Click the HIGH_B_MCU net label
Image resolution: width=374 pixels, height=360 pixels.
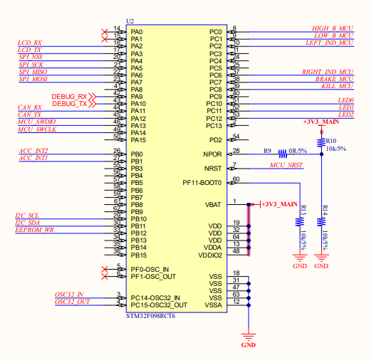(333, 28)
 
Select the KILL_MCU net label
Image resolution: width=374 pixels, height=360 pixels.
(338, 86)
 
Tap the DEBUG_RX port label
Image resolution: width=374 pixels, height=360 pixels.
(69, 97)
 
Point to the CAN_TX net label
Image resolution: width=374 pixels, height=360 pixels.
(29, 115)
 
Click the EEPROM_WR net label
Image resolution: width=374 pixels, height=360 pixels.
(35, 230)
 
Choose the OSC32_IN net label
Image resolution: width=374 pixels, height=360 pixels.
(69, 294)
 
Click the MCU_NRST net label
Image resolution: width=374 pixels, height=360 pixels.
(286, 165)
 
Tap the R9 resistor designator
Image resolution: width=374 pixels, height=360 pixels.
(268, 151)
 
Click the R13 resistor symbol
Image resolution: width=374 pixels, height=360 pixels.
(300, 221)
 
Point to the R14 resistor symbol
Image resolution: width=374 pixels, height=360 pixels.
(322, 221)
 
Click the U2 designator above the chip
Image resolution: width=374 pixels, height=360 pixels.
(129, 22)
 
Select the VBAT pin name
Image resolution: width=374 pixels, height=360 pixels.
(213, 204)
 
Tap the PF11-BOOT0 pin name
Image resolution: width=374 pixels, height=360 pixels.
(202, 183)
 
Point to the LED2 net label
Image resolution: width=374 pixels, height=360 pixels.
(346, 115)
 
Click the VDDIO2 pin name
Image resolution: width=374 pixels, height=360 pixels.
(210, 255)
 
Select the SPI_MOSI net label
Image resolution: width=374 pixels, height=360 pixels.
(33, 78)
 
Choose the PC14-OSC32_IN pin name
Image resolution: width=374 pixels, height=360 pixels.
(155, 298)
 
